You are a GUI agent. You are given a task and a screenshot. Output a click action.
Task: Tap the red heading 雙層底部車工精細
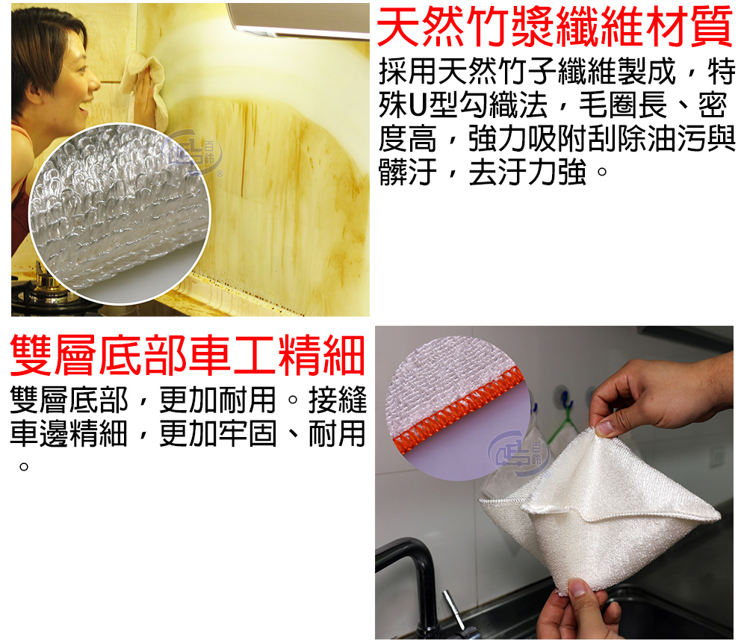tap(187, 355)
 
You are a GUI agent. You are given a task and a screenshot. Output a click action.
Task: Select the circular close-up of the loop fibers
tap(119, 213)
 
